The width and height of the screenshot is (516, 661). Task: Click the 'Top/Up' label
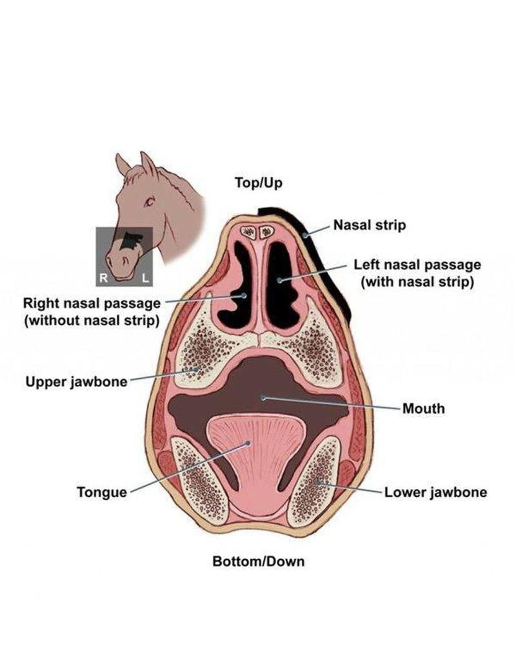tap(259, 183)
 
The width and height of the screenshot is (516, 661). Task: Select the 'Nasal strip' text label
tap(370, 225)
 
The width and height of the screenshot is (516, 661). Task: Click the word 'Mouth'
tap(423, 409)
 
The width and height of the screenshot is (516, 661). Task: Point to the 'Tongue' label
tap(102, 492)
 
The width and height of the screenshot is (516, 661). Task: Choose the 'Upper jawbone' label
tap(76, 382)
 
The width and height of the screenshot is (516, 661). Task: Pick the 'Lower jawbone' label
tap(435, 492)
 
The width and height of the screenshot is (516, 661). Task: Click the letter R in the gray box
tap(103, 278)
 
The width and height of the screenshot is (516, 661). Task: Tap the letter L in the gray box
tap(146, 278)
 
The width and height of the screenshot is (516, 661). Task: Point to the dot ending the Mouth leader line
tap(264, 398)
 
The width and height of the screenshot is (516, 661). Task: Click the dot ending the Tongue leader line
tap(248, 443)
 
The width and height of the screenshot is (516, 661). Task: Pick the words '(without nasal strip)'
tap(92, 320)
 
